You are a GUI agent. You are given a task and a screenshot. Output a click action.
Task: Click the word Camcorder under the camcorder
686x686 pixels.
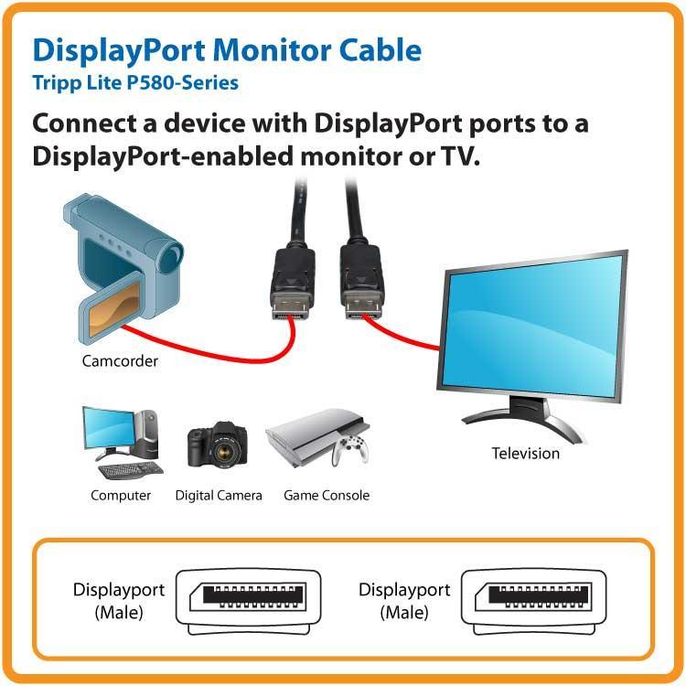click(120, 360)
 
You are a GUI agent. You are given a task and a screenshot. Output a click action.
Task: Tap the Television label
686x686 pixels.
click(525, 453)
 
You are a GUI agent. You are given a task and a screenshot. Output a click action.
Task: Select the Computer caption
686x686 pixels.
click(121, 495)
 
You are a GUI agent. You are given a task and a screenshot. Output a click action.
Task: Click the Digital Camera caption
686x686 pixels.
click(219, 495)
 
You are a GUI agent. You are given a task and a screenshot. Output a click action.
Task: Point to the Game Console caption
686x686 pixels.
click(327, 495)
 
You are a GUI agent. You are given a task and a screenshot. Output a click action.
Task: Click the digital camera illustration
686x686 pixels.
click(218, 445)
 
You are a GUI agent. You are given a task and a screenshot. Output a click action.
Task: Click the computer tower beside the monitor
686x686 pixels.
click(148, 434)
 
